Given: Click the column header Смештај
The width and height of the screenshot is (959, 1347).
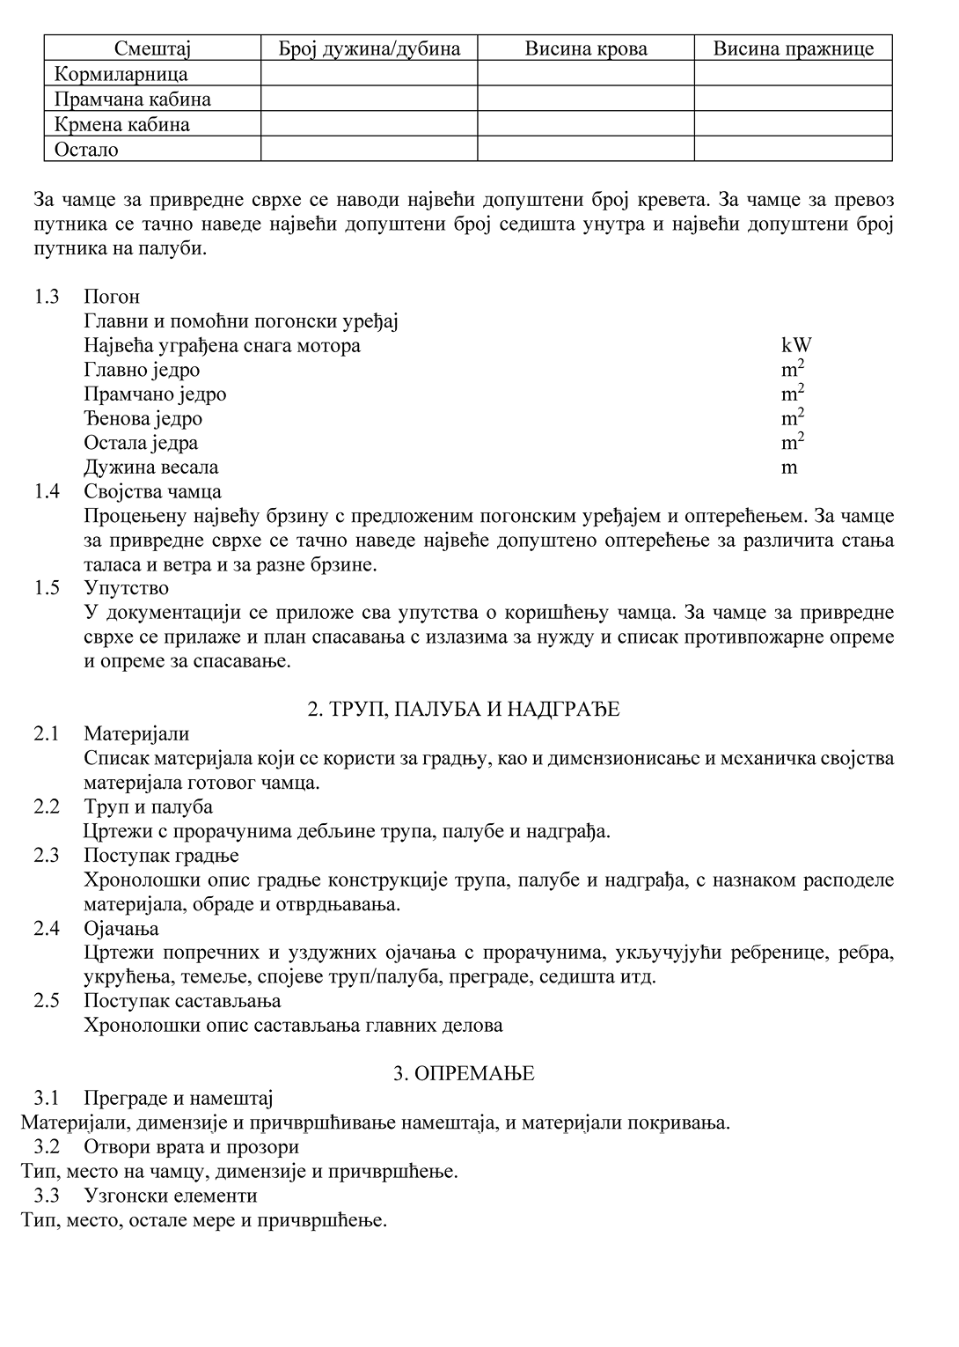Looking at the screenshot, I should (152, 48).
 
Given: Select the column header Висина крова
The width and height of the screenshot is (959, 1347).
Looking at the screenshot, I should (586, 48).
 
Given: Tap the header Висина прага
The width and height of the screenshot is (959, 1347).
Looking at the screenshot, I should (793, 48).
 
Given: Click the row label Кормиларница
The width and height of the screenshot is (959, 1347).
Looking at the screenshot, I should (121, 74).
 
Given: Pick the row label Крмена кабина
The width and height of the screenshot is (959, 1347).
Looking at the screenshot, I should (122, 124).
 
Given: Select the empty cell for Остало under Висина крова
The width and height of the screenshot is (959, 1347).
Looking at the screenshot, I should (586, 149).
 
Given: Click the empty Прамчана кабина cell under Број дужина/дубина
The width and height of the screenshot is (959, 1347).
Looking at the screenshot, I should (369, 99).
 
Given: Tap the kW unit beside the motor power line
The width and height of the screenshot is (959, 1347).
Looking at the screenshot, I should (796, 345).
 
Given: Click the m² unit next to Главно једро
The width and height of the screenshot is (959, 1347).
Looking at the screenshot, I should (792, 369).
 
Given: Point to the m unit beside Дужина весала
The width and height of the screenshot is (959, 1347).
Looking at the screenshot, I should (789, 467).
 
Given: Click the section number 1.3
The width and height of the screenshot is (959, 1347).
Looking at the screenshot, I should (47, 297).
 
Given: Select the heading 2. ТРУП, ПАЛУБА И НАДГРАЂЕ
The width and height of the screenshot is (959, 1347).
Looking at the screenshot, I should (464, 709).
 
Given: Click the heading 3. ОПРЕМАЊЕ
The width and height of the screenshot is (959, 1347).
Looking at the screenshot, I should (464, 1073).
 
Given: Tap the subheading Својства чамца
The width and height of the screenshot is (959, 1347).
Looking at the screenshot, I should (152, 491).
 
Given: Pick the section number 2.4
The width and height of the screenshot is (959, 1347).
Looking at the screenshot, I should (47, 928).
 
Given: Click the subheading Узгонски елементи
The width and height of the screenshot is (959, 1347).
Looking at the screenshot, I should (171, 1196).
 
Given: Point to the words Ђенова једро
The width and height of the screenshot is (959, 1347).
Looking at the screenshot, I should (143, 418).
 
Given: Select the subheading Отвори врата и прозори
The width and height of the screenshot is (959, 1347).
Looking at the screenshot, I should (191, 1146).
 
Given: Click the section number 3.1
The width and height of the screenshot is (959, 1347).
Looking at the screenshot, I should (47, 1098).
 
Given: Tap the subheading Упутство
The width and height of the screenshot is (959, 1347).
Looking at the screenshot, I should (126, 587).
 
